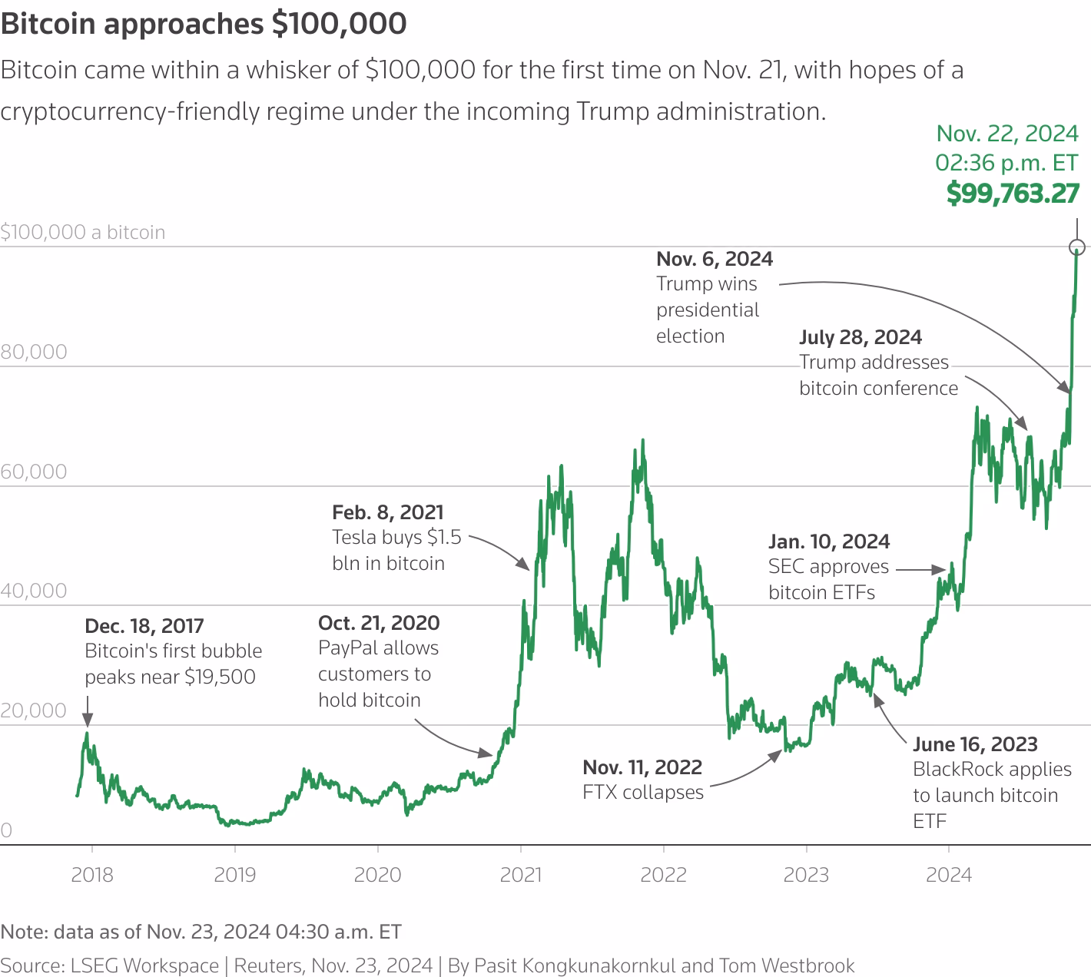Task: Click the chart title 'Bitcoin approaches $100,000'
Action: pyautogui.click(x=204, y=24)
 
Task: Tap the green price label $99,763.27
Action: pyautogui.click(x=1013, y=194)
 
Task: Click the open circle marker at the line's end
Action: pyautogui.click(x=1076, y=247)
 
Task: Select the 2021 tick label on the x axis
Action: pyautogui.click(x=521, y=875)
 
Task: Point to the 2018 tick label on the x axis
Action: pyautogui.click(x=92, y=875)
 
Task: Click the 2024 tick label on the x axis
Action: pyautogui.click(x=949, y=875)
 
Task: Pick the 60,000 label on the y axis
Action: pyautogui.click(x=34, y=472)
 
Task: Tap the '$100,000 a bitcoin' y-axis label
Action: pyautogui.click(x=83, y=233)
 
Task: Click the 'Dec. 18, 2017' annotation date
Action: pyautogui.click(x=144, y=626)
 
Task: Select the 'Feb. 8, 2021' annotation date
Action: pyautogui.click(x=388, y=512)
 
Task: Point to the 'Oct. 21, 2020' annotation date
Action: pyautogui.click(x=379, y=623)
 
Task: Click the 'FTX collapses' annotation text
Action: pyautogui.click(x=643, y=793)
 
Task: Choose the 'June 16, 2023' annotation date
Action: pyautogui.click(x=975, y=744)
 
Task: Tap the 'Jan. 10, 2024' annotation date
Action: pyautogui.click(x=829, y=541)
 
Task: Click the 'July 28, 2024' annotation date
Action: pyautogui.click(x=861, y=337)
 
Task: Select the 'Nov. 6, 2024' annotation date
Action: pyautogui.click(x=715, y=259)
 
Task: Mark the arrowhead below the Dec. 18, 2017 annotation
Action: pyautogui.click(x=88, y=720)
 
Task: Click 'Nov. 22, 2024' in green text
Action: pyautogui.click(x=1007, y=134)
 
